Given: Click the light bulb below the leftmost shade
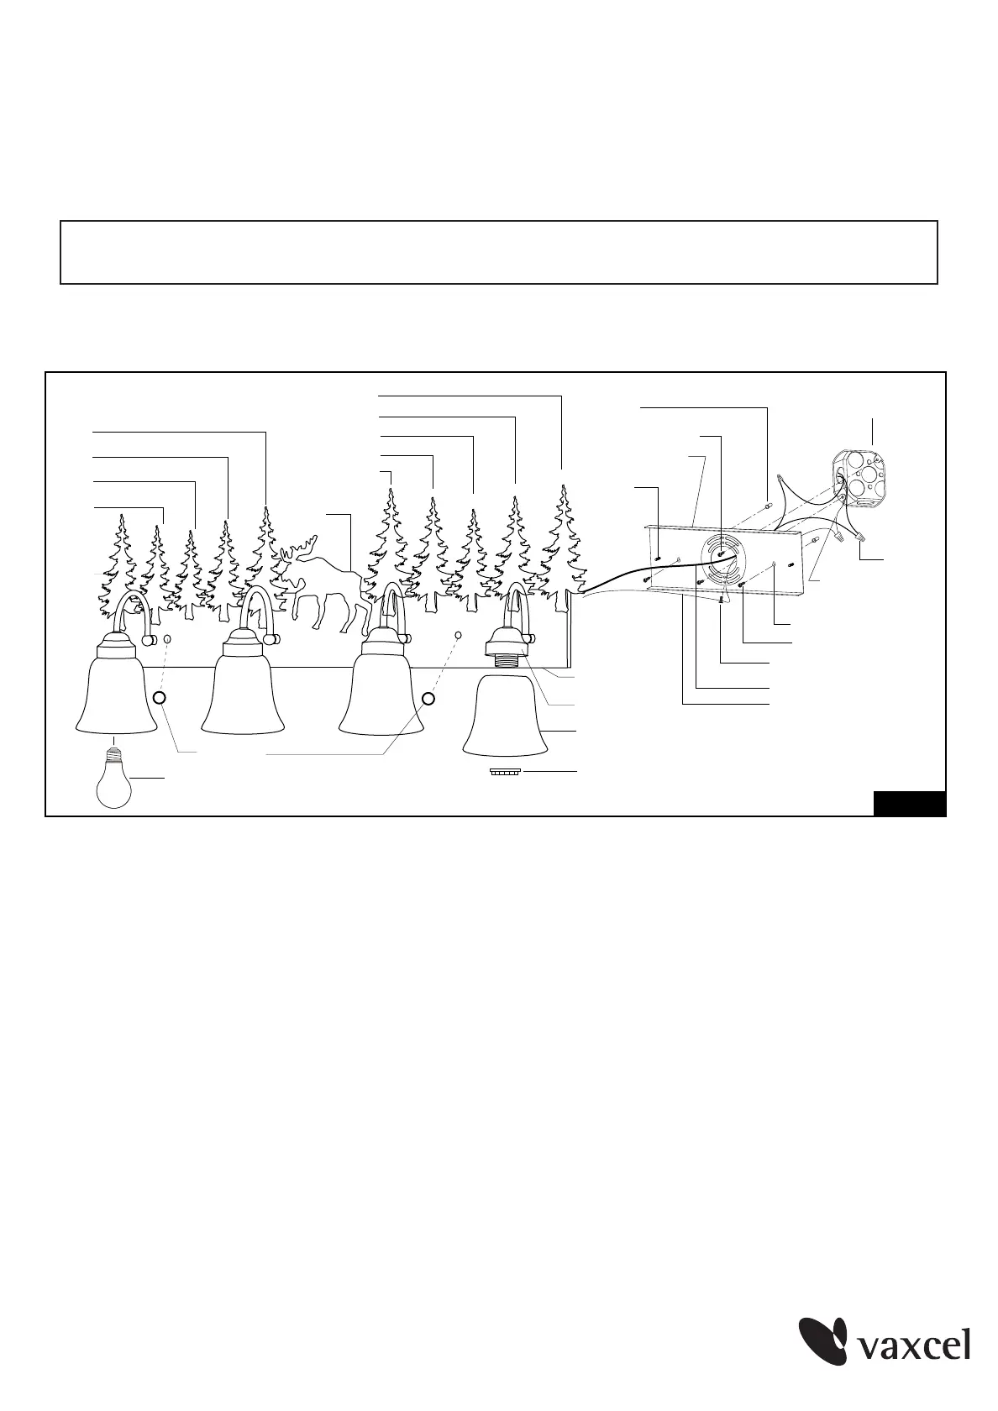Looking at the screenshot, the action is coord(114,782).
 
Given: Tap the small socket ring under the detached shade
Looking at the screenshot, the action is coord(506,772).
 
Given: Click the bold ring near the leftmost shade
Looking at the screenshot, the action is coord(160,697).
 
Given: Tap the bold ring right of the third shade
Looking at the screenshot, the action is coord(428,699).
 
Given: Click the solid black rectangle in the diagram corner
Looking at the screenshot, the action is coord(909,803).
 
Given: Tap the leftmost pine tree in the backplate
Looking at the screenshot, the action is coord(119,561).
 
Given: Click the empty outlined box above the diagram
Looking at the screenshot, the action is coord(499,252).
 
